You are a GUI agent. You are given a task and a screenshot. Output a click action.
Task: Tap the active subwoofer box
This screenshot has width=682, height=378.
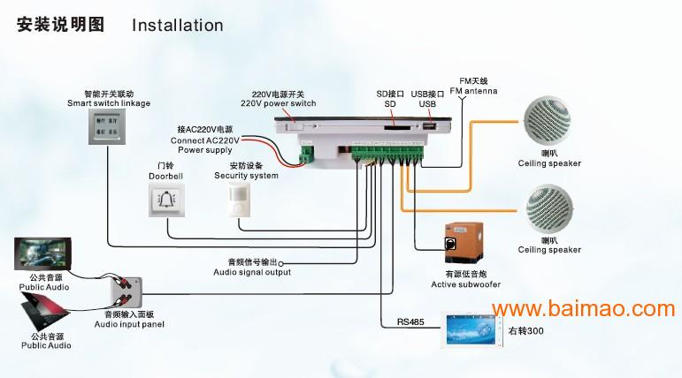click(466, 240)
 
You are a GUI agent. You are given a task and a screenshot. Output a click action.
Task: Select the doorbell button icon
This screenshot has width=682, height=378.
click(165, 200)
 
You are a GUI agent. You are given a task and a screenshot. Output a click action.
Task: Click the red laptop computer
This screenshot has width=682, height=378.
click(44, 310)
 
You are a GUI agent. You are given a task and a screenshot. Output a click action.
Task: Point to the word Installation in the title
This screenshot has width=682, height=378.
click(177, 25)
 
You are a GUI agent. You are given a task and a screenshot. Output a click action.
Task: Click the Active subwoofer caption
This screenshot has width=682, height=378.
click(465, 284)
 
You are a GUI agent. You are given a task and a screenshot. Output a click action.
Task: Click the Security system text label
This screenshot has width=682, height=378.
click(246, 176)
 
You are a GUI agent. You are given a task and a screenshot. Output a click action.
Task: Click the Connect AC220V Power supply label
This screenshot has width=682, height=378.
click(204, 140)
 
